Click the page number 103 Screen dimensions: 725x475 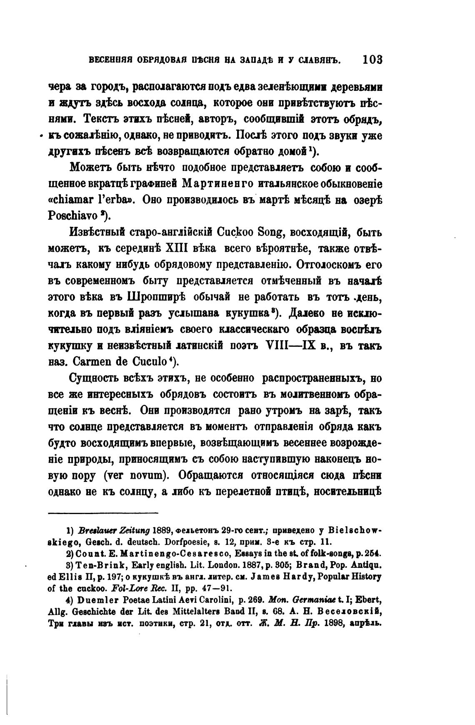pyautogui.click(x=372, y=60)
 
